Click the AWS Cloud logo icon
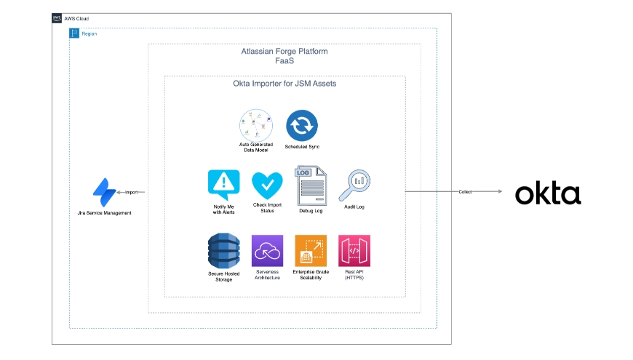(x=57, y=18)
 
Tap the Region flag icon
(x=74, y=33)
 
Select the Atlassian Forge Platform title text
(x=284, y=52)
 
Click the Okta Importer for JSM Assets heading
(x=284, y=84)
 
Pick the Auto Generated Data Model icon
(x=256, y=125)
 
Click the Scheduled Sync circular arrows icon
(x=302, y=125)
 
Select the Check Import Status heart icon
(x=267, y=186)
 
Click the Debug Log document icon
(x=311, y=185)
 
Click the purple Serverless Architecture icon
(x=266, y=251)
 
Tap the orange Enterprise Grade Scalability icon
(x=310, y=251)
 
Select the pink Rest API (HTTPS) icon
(x=354, y=251)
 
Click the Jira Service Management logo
(x=104, y=192)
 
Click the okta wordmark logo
(x=548, y=193)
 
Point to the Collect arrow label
(x=465, y=192)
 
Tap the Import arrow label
(x=131, y=193)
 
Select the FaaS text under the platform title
(x=284, y=62)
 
